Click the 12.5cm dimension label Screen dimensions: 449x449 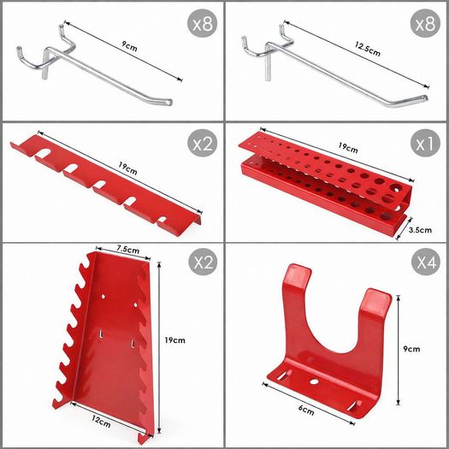tap(368, 50)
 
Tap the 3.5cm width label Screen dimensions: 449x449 tap(420, 230)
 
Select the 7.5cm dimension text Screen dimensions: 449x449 tap(127, 249)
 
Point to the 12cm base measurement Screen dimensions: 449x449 tap(101, 422)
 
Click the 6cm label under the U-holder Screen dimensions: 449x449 tap(306, 410)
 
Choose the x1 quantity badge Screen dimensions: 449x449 tap(425, 143)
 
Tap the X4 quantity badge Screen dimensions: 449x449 tap(426, 262)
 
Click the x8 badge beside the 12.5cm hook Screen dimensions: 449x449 tap(425, 23)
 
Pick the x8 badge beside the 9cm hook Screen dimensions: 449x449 tap(202, 23)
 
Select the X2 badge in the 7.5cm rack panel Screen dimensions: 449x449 tap(203, 262)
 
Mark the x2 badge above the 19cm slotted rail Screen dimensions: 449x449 tap(202, 143)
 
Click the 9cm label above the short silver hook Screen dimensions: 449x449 tap(129, 46)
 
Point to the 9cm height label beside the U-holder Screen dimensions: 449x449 tap(411, 349)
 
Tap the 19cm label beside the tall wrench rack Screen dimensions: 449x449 tap(174, 340)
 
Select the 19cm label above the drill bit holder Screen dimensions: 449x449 tap(348, 147)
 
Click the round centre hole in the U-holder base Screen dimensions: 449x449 tap(314, 381)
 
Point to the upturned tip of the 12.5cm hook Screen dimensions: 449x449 tap(425, 98)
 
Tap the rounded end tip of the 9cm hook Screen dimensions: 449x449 tap(169, 102)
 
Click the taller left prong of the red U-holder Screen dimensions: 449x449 tap(297, 287)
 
